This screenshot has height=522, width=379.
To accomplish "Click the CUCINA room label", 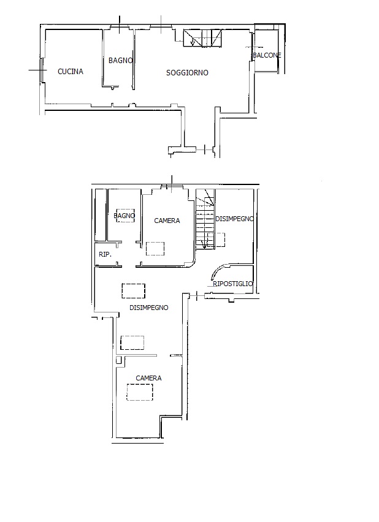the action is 71,71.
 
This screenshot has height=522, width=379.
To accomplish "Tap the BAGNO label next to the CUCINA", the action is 120,61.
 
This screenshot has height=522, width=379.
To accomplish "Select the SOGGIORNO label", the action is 187,72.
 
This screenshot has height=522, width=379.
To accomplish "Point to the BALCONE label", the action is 267,55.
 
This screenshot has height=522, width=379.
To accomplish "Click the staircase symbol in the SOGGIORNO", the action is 202,38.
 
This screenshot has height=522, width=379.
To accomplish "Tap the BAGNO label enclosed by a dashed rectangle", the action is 124,216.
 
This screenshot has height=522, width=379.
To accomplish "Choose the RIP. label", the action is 105,254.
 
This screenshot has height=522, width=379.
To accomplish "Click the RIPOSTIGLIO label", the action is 232,284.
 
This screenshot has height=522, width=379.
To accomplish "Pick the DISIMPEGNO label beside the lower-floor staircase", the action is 234,219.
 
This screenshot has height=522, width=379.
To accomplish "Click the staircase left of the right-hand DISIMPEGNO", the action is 205,219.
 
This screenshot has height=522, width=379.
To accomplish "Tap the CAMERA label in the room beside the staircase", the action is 167,221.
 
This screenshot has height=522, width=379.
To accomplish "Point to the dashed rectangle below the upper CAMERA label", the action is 155,249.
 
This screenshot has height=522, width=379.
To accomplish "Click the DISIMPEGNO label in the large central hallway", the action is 148,308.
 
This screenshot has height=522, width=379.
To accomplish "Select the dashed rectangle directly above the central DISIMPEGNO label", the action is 134,291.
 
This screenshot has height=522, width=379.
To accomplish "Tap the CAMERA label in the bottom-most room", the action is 148,378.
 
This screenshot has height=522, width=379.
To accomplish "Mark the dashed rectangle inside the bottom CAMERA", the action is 140,392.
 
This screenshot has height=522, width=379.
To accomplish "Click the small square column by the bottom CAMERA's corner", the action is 118,360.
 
